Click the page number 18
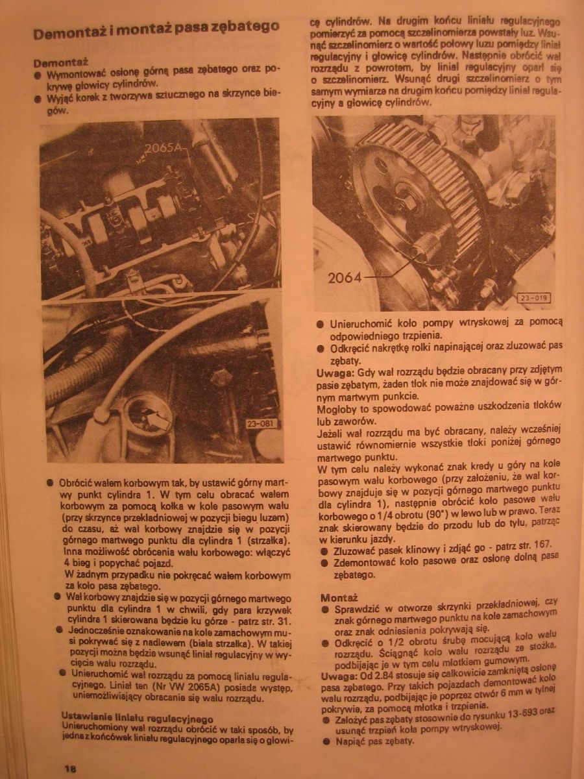(x=70, y=769)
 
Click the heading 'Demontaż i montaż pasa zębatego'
(x=156, y=31)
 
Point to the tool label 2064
(x=345, y=278)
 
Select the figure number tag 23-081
(x=261, y=425)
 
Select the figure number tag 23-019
(x=533, y=298)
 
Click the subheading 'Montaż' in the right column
(x=339, y=597)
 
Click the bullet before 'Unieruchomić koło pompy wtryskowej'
(x=320, y=323)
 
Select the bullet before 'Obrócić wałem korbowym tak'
(x=50, y=484)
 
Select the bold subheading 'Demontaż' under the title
(x=60, y=62)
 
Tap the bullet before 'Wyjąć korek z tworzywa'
(x=38, y=99)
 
